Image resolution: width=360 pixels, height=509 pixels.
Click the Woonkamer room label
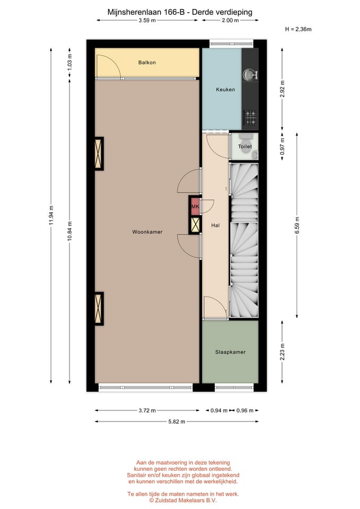(147, 232)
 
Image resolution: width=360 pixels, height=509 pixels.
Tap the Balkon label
(147, 63)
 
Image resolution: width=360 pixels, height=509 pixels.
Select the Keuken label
(225, 90)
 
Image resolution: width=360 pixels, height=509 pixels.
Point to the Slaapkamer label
(230, 352)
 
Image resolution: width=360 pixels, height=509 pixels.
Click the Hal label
(215, 225)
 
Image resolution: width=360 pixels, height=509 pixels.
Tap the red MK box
(195, 206)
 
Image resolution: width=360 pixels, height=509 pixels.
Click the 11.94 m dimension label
(51, 215)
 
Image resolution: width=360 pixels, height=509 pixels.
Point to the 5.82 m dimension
(177, 422)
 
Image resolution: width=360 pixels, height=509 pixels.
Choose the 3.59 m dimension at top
(147, 21)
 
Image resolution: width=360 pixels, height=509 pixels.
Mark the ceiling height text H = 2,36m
(298, 30)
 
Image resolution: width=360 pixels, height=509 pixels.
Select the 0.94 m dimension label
(218, 410)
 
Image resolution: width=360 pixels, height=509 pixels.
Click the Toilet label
(244, 146)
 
